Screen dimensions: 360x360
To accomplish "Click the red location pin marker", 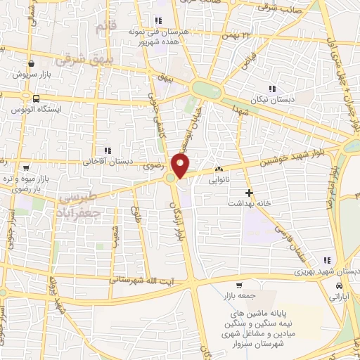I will pos(181,166).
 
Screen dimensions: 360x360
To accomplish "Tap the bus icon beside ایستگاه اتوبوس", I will pos(35,98).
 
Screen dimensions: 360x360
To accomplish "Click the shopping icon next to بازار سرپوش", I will pos(32,62).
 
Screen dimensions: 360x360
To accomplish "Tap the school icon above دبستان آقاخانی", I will pos(108,150).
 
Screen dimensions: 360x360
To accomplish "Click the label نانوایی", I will pos(217,180).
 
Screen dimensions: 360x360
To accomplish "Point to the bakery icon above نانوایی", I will pos(219,169).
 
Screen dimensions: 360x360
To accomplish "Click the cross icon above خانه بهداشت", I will pos(247,192).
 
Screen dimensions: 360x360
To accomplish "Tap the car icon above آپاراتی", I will pos(340,286).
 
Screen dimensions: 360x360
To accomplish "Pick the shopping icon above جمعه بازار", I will pos(239,285).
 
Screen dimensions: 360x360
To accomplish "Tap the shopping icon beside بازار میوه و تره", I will pos(26,169).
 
